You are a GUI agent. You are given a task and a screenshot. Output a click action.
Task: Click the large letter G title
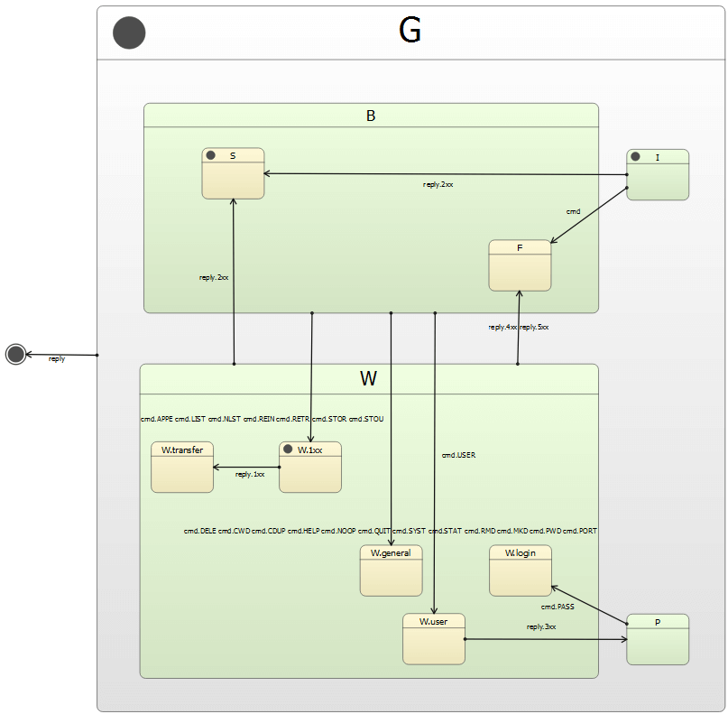point(410,32)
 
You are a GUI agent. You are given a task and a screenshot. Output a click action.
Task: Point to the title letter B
point(371,116)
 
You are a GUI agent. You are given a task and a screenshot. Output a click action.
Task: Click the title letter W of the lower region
point(368,379)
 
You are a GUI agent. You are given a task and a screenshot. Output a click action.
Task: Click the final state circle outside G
point(15,354)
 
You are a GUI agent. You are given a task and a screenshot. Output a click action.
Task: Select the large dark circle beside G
point(129,32)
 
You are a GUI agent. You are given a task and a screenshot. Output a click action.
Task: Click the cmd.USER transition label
point(458,455)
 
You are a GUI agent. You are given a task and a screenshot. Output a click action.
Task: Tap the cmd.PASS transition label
point(558,607)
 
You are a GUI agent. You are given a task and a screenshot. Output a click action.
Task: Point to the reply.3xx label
point(541,626)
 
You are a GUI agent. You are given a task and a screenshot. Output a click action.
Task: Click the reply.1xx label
point(250,474)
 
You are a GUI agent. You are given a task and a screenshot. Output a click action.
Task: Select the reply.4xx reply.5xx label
point(519,327)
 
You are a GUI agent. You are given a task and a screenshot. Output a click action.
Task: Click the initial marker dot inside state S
point(211,155)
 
